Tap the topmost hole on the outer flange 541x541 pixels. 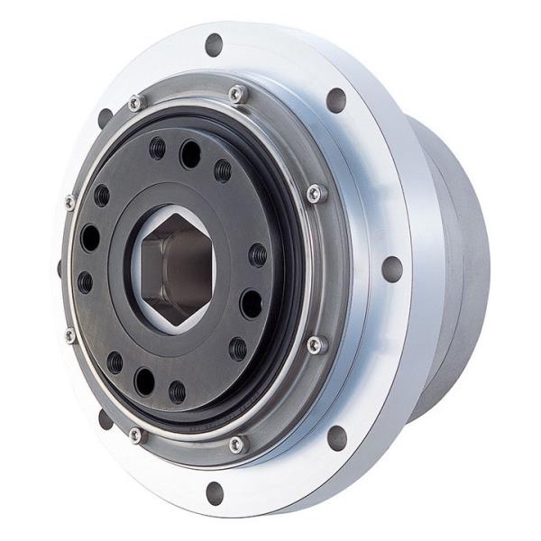point(214,42)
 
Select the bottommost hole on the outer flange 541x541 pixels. point(215,492)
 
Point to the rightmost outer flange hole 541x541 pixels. point(391,269)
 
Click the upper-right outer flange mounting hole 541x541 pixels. point(335,99)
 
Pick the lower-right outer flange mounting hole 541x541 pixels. point(337,437)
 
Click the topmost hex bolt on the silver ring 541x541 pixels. point(237,93)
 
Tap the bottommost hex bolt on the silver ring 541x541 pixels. point(236,443)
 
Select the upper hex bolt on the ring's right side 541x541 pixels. point(315,193)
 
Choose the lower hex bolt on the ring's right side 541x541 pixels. point(315,344)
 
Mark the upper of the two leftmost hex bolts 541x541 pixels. point(70,202)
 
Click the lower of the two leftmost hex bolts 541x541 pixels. point(70,335)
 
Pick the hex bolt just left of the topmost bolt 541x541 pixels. point(135,103)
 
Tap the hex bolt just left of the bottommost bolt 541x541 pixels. point(136,435)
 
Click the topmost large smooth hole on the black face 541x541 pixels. point(190,153)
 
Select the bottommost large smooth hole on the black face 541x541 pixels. point(144,381)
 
